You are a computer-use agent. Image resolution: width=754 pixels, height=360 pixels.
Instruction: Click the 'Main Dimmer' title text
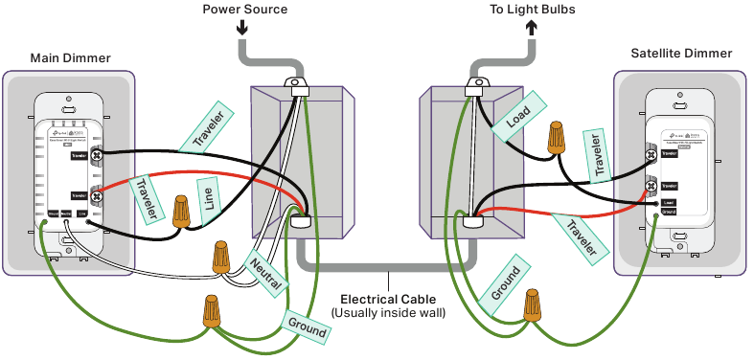point(71,58)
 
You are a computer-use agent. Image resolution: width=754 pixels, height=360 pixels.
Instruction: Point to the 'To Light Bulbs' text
point(531,9)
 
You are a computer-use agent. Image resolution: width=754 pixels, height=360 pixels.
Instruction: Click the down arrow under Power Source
point(242,28)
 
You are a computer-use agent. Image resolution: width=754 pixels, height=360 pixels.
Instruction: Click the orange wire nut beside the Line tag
point(180,211)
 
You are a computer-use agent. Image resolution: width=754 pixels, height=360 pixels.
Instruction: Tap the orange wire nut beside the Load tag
point(555,138)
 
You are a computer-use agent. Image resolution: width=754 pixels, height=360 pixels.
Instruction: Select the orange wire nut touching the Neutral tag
point(220,257)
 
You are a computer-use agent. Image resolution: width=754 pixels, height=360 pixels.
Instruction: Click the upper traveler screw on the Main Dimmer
point(98,153)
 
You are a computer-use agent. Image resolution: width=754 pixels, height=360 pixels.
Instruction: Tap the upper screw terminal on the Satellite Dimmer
point(651,154)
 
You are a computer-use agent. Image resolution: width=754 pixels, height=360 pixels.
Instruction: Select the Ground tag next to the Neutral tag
point(307,326)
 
